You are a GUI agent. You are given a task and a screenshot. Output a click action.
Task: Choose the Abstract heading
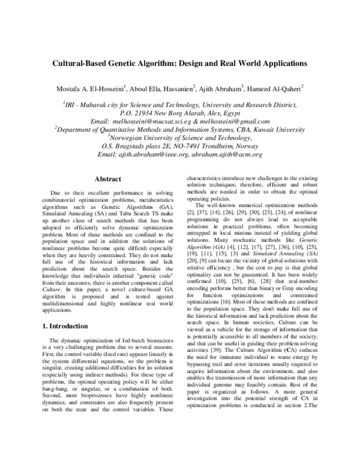pos(108,179)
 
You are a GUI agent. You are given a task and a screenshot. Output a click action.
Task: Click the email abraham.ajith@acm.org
pos(229,154)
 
